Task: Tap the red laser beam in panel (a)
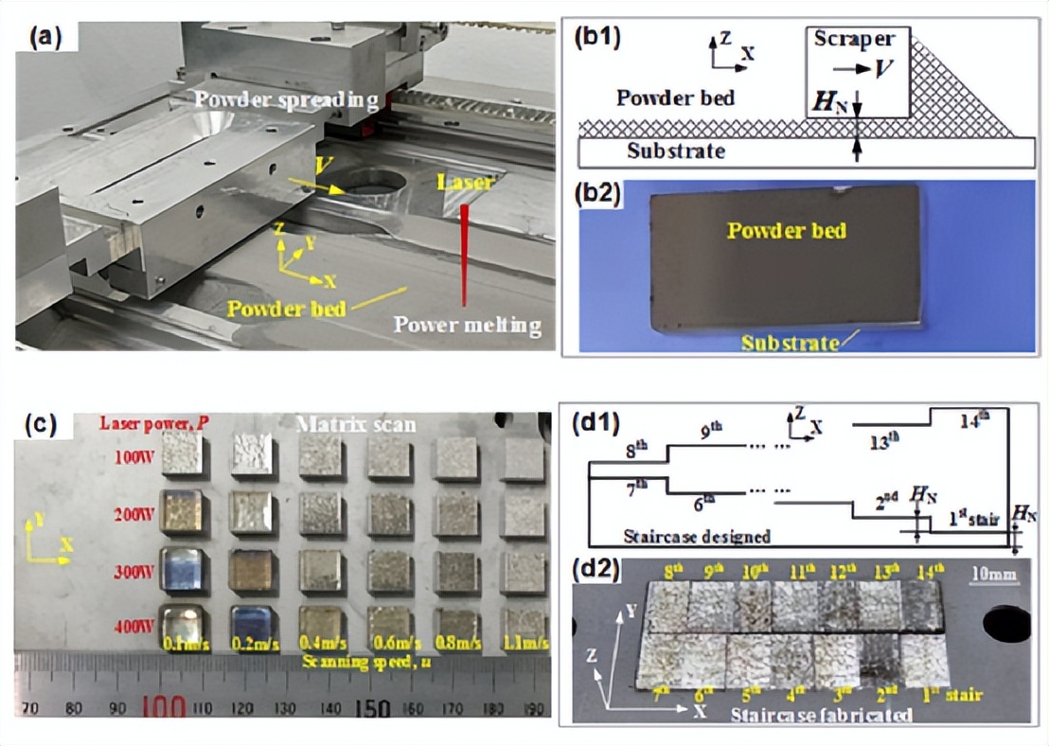click(x=465, y=256)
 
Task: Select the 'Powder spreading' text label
click(x=288, y=99)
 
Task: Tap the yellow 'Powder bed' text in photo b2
click(x=787, y=230)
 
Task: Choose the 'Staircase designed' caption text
click(x=697, y=537)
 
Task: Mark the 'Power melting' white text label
click(x=468, y=327)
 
